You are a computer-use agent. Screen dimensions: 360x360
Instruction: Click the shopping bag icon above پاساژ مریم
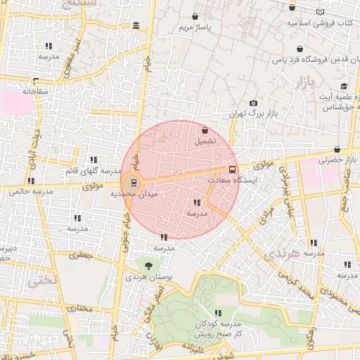(195, 16)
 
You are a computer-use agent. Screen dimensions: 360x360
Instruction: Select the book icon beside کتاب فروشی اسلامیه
(321, 12)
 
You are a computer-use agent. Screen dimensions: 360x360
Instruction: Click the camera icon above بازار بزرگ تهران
(253, 103)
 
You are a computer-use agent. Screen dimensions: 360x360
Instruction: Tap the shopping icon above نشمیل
(205, 130)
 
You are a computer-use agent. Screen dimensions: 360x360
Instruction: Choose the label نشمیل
(205, 141)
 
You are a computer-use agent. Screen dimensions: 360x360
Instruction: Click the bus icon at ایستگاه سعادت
(233, 169)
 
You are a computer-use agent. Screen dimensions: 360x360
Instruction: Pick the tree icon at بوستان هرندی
(148, 265)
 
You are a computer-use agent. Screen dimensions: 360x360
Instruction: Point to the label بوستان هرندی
(149, 277)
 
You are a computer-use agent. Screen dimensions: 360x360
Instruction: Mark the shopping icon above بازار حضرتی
(338, 149)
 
